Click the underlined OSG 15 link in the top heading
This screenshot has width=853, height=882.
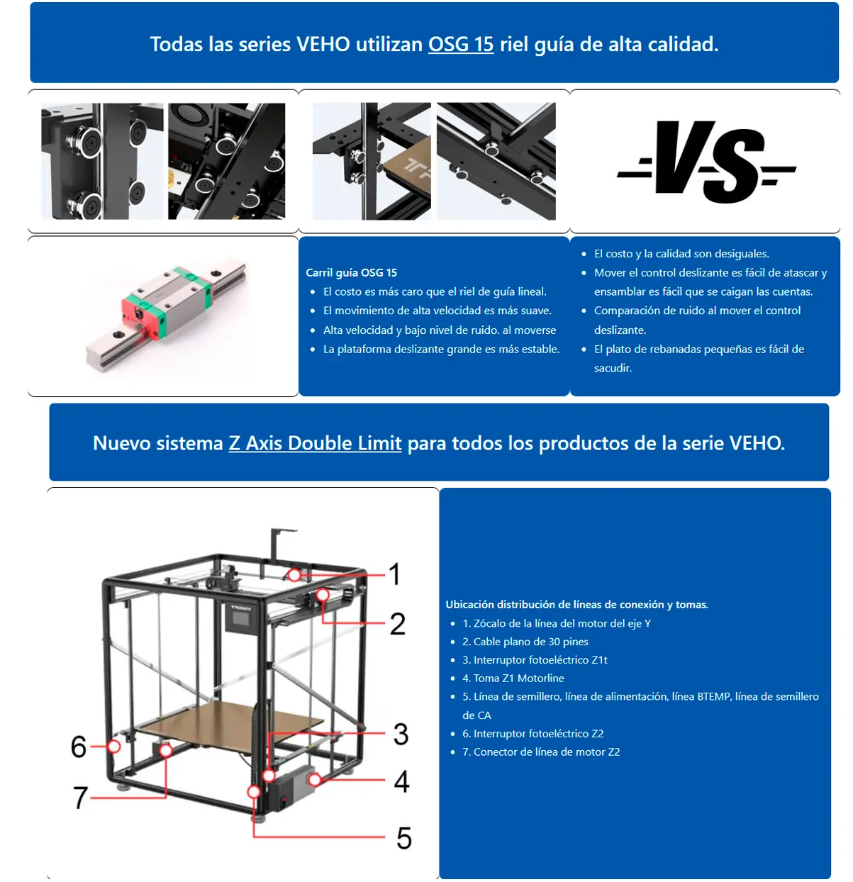(x=460, y=44)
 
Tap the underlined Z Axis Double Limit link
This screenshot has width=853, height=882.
(x=315, y=443)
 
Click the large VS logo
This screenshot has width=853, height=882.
(x=706, y=162)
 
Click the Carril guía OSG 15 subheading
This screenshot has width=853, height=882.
(x=351, y=272)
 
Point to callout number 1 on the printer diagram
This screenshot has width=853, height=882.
(x=394, y=574)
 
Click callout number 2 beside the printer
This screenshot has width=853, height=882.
(x=397, y=624)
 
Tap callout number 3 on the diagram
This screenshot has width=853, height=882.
(x=401, y=735)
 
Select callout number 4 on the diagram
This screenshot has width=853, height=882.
(x=401, y=781)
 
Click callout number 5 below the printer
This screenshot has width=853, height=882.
(x=403, y=838)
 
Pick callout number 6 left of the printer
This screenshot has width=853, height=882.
(x=79, y=747)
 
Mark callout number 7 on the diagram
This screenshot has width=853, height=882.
(x=81, y=798)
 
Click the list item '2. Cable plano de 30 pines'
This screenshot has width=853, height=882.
(x=525, y=642)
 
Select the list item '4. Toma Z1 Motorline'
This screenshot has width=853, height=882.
(x=513, y=679)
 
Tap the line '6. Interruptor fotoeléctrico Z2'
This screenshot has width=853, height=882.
(x=533, y=734)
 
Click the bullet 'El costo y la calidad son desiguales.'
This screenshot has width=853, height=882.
(x=681, y=254)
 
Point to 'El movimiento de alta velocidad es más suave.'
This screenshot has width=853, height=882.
(x=437, y=311)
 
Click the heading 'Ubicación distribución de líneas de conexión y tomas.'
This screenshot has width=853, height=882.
(x=576, y=605)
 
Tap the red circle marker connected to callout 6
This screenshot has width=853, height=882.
(x=113, y=747)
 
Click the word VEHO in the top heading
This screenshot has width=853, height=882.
(x=323, y=44)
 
